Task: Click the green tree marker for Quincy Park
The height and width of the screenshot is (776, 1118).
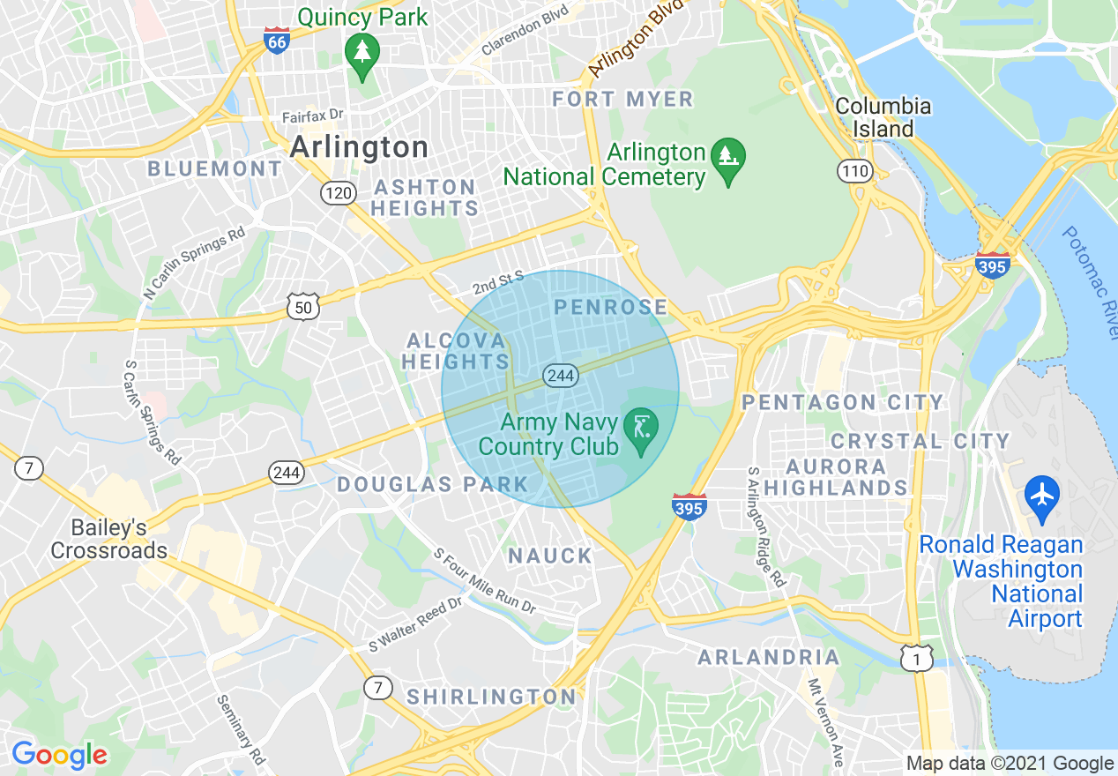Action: pyautogui.click(x=361, y=53)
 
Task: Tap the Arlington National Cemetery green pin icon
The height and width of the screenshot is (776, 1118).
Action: pyautogui.click(x=728, y=160)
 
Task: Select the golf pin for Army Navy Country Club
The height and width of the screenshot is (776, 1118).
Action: pyautogui.click(x=641, y=429)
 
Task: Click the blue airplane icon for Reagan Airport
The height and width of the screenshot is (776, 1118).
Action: pyautogui.click(x=1042, y=496)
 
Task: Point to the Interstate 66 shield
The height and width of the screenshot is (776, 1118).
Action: pyautogui.click(x=277, y=40)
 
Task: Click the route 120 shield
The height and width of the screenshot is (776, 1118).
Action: pyautogui.click(x=338, y=192)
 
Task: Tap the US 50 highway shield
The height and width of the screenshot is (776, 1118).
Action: pyautogui.click(x=302, y=307)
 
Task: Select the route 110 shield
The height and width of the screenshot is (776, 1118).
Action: pyautogui.click(x=855, y=171)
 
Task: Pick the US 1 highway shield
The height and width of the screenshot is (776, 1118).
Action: pyautogui.click(x=917, y=657)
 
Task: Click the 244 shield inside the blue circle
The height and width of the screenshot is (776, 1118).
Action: pyautogui.click(x=560, y=376)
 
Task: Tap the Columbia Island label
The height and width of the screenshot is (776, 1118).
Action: pyautogui.click(x=883, y=117)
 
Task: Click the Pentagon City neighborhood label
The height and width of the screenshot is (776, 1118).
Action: pyautogui.click(x=842, y=402)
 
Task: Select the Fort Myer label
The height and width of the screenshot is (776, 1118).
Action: pyautogui.click(x=622, y=99)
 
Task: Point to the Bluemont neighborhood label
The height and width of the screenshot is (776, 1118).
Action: pyautogui.click(x=214, y=168)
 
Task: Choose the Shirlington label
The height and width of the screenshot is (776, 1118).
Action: pyautogui.click(x=491, y=697)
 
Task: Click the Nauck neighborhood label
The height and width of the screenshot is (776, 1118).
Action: pyautogui.click(x=550, y=556)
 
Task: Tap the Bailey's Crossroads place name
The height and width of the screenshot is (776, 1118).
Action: pyautogui.click(x=108, y=539)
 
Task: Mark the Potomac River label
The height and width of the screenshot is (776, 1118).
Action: pyautogui.click(x=1090, y=282)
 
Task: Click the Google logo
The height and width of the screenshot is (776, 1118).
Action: pyautogui.click(x=59, y=755)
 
